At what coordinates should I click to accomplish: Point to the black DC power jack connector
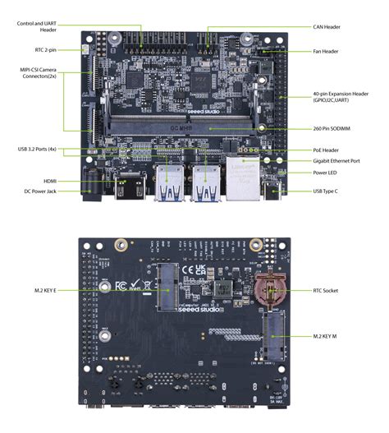click(93, 187)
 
